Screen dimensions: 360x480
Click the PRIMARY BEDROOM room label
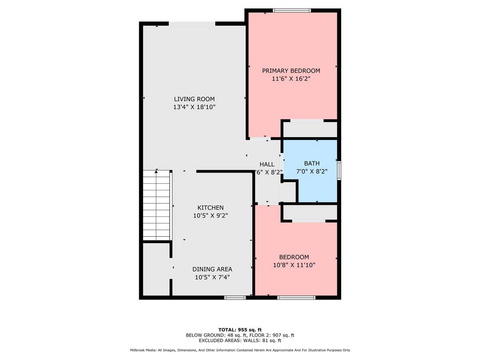(291, 71)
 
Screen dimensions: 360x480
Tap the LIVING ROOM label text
(194, 99)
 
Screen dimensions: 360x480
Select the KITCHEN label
(210, 208)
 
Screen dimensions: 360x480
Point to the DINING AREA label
(212, 269)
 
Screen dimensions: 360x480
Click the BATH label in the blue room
(312, 163)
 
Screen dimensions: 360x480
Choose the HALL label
(267, 164)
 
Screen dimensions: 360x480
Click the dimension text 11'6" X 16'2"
(291, 79)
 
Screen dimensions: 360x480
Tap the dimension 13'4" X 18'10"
(194, 107)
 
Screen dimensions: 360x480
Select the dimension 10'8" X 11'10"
(294, 265)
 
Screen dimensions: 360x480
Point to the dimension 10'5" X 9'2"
(210, 216)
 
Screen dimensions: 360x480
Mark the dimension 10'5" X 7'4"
(212, 277)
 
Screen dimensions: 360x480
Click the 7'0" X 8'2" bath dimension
(312, 172)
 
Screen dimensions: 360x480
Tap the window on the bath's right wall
(339, 170)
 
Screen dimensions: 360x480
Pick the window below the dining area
(235, 298)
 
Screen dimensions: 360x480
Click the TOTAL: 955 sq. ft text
(240, 330)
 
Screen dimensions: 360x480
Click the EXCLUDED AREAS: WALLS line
(240, 341)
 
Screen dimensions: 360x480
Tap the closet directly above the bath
(310, 130)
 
